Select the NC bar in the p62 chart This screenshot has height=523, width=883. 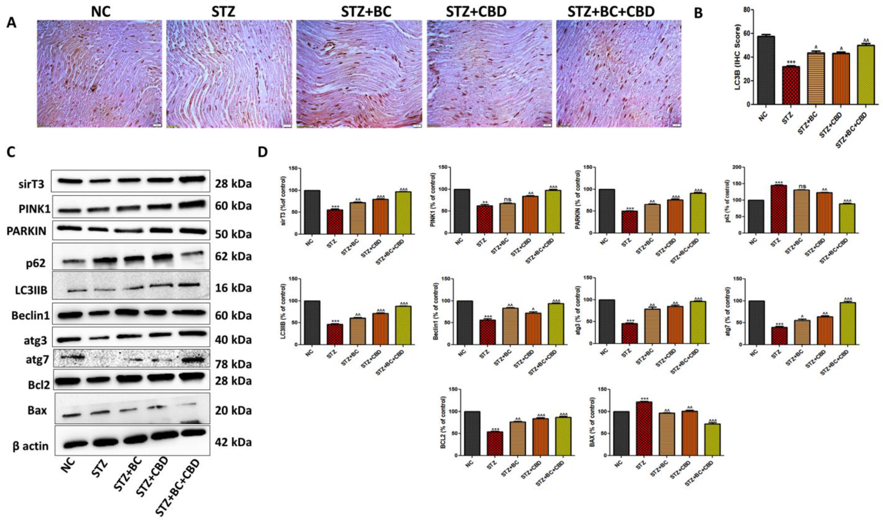click(756, 217)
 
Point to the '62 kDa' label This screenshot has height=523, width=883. click(233, 257)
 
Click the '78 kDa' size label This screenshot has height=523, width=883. click(233, 364)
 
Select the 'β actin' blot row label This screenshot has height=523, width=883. click(30, 446)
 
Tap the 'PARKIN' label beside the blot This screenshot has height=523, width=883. click(26, 232)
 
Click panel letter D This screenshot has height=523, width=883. click(262, 152)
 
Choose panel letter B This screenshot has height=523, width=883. click(698, 13)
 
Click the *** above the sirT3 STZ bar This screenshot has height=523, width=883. click(335, 207)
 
